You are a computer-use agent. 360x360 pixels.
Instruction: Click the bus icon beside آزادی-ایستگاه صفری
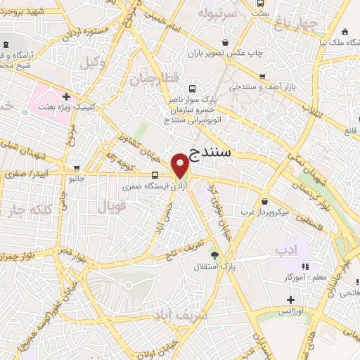pos(155,174)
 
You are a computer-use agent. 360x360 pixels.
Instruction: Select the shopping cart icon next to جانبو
pos(77,168)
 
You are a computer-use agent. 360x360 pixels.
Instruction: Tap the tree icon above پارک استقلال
pos(214,256)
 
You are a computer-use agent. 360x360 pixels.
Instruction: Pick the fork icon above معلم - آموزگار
pos(304,266)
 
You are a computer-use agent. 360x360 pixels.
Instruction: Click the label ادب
pos(287,250)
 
